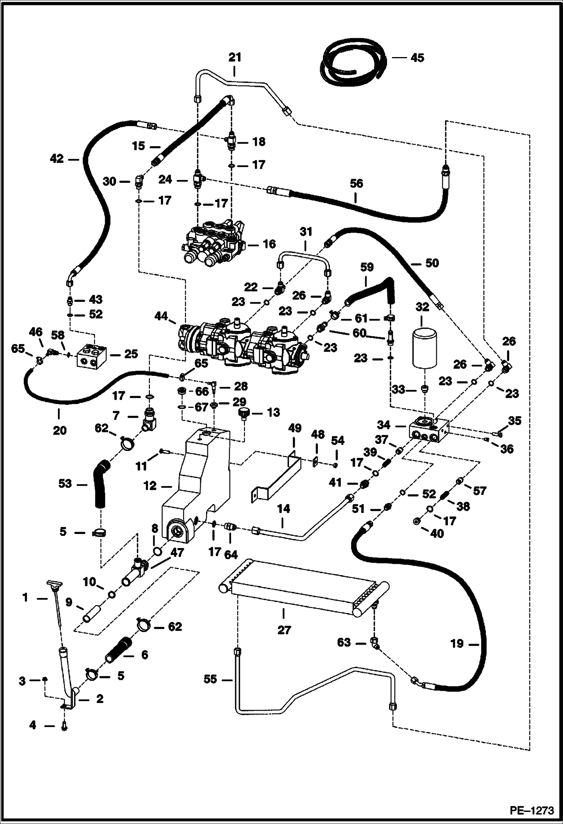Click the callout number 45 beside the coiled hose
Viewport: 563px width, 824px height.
[417, 58]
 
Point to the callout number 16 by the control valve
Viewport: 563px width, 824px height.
[269, 244]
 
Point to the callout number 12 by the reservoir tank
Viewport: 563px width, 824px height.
[150, 486]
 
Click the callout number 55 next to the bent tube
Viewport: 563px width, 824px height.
[210, 679]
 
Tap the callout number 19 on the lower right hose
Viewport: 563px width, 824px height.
[457, 644]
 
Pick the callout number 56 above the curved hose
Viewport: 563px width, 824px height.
[356, 184]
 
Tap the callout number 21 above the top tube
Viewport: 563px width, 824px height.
[235, 57]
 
